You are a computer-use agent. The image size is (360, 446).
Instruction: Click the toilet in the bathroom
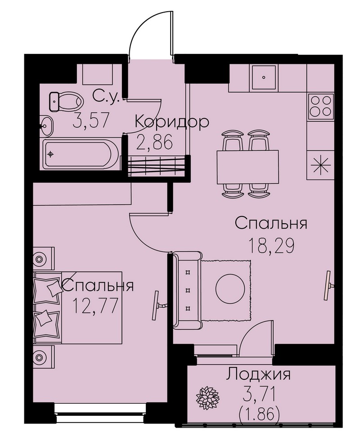pos(66,102)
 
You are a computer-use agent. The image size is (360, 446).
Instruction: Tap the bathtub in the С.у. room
pos(81,154)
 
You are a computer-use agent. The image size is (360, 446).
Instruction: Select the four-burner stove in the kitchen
pos(321,106)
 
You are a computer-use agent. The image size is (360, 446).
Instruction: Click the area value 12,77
pos(95,306)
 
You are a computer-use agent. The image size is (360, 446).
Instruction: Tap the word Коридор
pos(172,122)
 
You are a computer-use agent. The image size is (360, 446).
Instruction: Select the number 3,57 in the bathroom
pos(91,120)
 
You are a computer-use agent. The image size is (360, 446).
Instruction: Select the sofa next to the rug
pos(187,290)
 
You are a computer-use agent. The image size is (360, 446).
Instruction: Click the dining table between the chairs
pos(247,167)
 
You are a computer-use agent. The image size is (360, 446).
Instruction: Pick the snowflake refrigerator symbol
pos(320,165)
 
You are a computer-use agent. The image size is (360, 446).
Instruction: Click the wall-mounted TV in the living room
pos(329,285)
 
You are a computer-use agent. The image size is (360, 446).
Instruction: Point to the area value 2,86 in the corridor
pos(154,142)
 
